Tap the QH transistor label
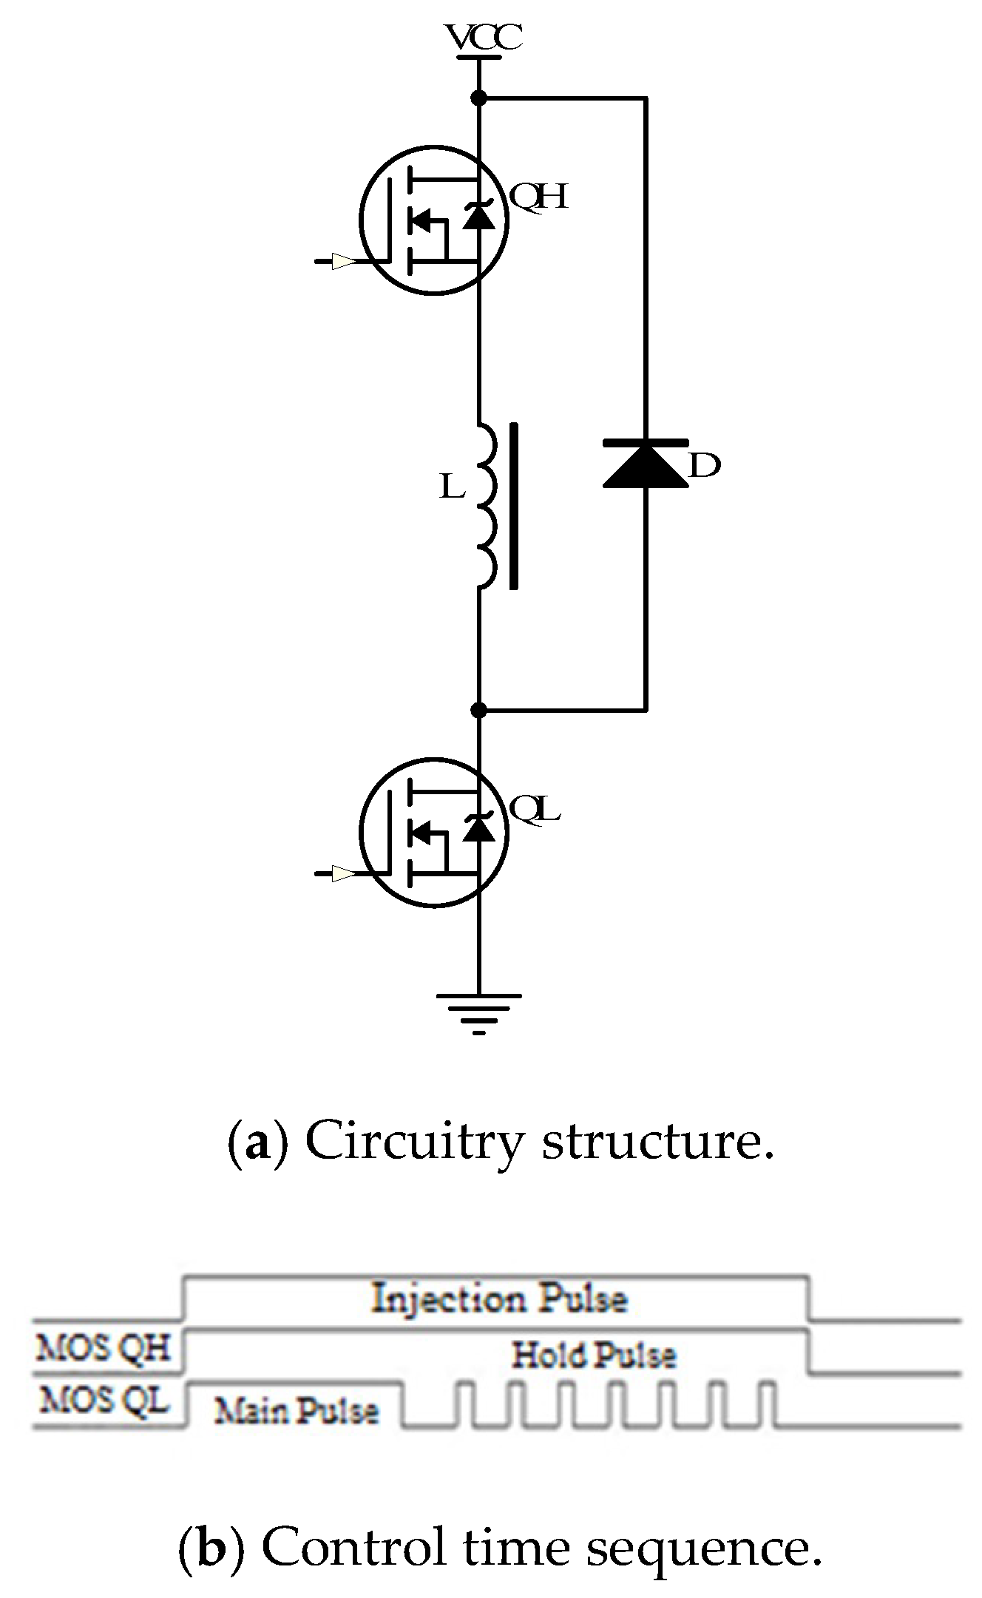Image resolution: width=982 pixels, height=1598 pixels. coord(539,197)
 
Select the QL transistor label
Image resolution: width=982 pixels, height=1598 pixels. coord(535,810)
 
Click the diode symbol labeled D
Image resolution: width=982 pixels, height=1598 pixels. coord(646,464)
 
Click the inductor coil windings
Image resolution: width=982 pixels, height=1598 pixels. coord(486,506)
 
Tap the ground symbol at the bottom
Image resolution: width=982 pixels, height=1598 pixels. coord(478,1011)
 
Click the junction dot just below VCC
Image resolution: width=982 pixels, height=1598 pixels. coord(478,97)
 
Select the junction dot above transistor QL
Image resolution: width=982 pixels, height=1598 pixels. coord(478,710)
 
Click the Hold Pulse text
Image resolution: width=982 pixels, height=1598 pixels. coord(594,1355)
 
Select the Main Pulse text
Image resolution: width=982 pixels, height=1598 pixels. coord(297,1411)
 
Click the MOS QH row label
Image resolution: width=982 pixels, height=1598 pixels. coord(103,1348)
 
